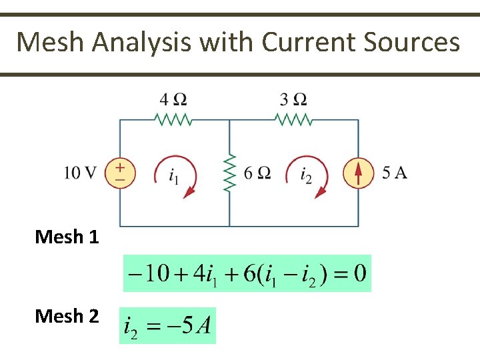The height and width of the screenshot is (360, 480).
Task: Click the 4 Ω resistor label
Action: [x=173, y=100]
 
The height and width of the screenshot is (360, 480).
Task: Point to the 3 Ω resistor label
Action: [x=293, y=100]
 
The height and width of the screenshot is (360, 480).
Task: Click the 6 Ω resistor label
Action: [x=257, y=173]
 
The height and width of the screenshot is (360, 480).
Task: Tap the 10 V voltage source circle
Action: [x=120, y=173]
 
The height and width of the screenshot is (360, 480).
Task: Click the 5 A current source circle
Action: [x=358, y=173]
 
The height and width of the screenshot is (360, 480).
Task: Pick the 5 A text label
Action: [x=395, y=173]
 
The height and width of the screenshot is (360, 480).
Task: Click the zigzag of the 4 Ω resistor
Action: [x=173, y=120]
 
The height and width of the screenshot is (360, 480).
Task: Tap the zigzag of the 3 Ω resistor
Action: [x=293, y=120]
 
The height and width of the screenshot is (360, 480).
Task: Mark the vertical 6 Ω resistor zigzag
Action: [x=230, y=173]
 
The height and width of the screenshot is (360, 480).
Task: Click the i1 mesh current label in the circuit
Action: [x=173, y=177]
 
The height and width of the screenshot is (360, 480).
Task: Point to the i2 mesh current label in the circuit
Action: [x=306, y=177]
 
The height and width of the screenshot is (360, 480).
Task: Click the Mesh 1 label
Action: [x=67, y=237]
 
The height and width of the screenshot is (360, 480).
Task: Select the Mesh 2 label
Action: [x=67, y=315]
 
